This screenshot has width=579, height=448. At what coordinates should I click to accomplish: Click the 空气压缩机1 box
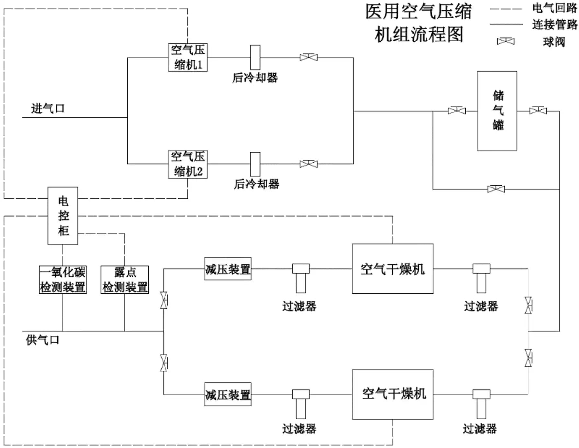point(188,58)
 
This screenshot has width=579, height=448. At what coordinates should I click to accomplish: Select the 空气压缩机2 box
point(188,164)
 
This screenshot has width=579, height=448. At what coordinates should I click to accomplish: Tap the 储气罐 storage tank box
point(497,111)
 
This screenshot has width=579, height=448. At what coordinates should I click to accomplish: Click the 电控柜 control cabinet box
point(63,216)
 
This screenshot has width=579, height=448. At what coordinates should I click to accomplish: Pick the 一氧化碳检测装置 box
point(63,280)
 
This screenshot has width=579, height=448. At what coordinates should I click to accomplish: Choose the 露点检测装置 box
point(125,280)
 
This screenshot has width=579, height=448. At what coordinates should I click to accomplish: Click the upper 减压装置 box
point(228,269)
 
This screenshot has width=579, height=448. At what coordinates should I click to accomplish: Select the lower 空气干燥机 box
point(392,394)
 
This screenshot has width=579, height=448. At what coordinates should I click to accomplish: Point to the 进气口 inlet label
point(48,109)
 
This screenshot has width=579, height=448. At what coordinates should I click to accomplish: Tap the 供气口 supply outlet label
point(42,340)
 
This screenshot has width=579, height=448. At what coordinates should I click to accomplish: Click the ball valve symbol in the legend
point(505,41)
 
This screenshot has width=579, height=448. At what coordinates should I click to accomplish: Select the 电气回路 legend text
point(554,8)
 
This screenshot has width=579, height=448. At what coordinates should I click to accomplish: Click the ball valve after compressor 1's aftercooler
point(309,58)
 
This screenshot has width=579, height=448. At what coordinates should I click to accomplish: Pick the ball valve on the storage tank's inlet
point(457,111)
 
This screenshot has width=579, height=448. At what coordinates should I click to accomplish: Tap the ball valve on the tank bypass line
point(496,189)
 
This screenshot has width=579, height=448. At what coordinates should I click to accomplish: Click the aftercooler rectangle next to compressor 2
point(255,164)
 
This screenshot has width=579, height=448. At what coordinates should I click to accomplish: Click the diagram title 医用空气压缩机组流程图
point(418,23)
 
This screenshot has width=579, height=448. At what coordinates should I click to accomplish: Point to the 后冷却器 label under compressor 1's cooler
point(255,78)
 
